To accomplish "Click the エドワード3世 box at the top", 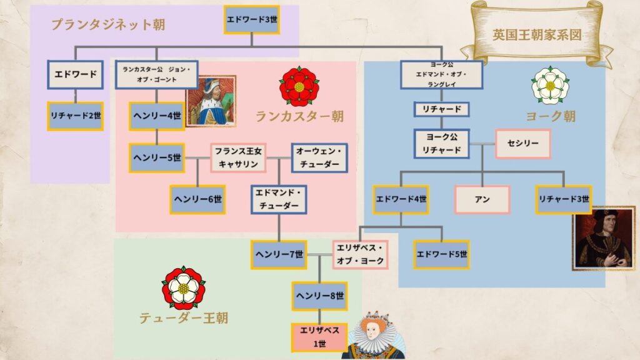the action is pyautogui.click(x=251, y=19).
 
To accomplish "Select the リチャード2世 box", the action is pyautogui.click(x=75, y=116).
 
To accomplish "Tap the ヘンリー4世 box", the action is pyautogui.click(x=157, y=116).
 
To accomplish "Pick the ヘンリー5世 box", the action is pyautogui.click(x=157, y=157).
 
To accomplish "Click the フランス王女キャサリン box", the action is pyautogui.click(x=238, y=157).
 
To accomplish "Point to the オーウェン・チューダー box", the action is pyautogui.click(x=319, y=157).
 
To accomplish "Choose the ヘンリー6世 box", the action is pyautogui.click(x=197, y=199).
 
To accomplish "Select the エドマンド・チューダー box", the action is pyautogui.click(x=279, y=199).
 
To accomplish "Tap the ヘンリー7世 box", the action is pyautogui.click(x=279, y=254).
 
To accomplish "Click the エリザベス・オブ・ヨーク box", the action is pyautogui.click(x=360, y=254).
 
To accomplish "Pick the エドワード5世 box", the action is pyautogui.click(x=442, y=254).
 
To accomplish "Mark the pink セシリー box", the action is pyautogui.click(x=523, y=144).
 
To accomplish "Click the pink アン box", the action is pyautogui.click(x=482, y=199).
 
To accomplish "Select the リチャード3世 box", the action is pyautogui.click(x=564, y=199).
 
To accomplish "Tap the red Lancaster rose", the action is pyautogui.click(x=299, y=86).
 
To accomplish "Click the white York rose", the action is pyautogui.click(x=550, y=85).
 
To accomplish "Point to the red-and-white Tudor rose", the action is pyautogui.click(x=184, y=288).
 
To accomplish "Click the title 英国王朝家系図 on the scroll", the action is pyautogui.click(x=537, y=35).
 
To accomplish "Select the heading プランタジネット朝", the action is pyautogui.click(x=108, y=24).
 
